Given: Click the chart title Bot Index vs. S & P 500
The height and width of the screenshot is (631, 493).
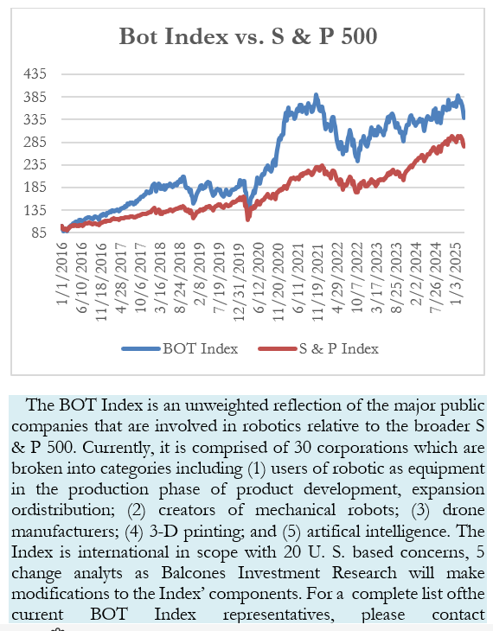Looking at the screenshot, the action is tap(248, 36).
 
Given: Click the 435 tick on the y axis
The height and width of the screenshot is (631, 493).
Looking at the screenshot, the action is tap(35, 74).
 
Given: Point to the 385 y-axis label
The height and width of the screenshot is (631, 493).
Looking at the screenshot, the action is tap(35, 97).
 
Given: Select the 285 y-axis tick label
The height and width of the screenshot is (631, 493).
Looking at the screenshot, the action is tap(35, 142).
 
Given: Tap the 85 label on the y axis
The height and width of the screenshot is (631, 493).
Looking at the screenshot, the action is tap(39, 233).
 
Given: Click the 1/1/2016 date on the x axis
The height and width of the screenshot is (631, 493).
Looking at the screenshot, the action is tap(62, 274).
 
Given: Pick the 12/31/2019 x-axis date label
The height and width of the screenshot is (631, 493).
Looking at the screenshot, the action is tap(240, 282).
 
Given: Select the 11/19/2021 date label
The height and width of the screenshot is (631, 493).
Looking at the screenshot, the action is tap(318, 282).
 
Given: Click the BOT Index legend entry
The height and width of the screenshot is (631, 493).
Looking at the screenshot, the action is tap(180, 348).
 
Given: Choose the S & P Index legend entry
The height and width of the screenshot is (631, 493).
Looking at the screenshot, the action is tap(318, 348).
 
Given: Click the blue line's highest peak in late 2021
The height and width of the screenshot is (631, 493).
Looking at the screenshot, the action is tap(317, 95).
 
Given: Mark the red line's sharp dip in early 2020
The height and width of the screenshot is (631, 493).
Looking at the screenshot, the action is tap(247, 219).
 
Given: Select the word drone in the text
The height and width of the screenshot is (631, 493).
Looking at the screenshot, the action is tap(464, 510).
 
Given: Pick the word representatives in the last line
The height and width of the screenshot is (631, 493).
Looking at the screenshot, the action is tap(279, 615).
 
